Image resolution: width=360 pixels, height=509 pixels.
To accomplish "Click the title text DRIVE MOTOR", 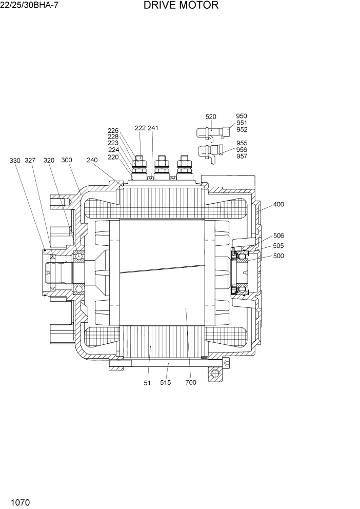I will click(181, 6).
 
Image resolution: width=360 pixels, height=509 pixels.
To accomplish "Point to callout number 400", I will click(278, 204).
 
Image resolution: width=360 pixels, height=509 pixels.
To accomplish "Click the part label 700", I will click(191, 382).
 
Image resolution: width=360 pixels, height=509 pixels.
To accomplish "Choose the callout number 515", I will click(165, 382).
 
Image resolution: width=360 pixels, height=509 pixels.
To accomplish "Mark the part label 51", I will click(147, 382).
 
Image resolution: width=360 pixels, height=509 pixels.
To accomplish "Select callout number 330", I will click(15, 161).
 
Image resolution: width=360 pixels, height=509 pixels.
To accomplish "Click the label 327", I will click(30, 161).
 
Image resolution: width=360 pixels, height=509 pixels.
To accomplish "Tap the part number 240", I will click(92, 160).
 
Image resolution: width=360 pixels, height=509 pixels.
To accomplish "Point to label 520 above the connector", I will click(211, 117).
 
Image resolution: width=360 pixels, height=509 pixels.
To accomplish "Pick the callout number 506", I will click(278, 236).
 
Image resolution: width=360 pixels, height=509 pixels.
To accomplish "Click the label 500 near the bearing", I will click(278, 256).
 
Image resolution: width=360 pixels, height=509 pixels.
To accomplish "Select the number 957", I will click(242, 156).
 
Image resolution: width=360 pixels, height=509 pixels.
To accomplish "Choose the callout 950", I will click(242, 116).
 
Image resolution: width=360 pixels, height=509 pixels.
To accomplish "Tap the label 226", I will click(113, 131).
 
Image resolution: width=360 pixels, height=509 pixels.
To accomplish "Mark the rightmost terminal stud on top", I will click(183, 165).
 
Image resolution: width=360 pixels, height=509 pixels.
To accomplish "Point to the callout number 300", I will click(67, 160).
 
